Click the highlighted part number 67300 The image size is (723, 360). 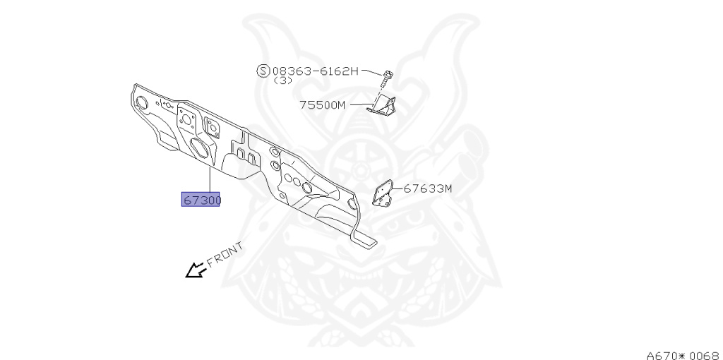click(x=201, y=200)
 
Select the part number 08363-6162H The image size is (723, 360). click(x=315, y=71)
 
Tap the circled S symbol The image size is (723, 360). click(x=263, y=71)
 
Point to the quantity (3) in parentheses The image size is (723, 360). click(x=283, y=80)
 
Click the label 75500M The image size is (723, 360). click(x=322, y=104)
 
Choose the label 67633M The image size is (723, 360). click(x=427, y=188)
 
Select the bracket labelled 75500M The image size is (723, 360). click(x=382, y=106)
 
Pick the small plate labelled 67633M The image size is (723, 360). click(x=382, y=193)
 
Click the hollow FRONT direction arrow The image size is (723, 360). click(x=193, y=270)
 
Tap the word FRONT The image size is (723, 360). click(x=225, y=254)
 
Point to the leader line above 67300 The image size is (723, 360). click(x=210, y=180)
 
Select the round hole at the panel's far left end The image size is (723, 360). click(x=141, y=103)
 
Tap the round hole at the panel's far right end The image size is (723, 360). click(x=352, y=203)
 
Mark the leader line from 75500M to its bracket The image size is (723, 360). click(x=361, y=104)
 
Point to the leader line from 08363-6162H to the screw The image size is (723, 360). click(x=371, y=71)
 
